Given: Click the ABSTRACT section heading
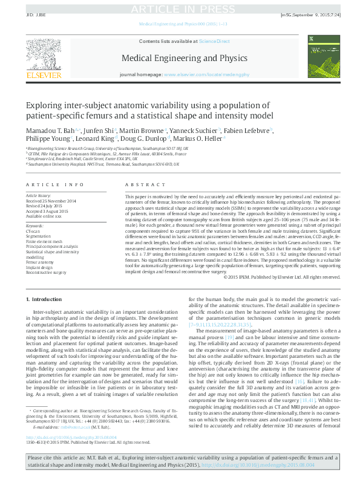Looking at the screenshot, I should [141, 184].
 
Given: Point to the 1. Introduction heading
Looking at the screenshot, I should [46, 299].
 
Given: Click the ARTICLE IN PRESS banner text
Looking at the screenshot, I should [180, 8].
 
